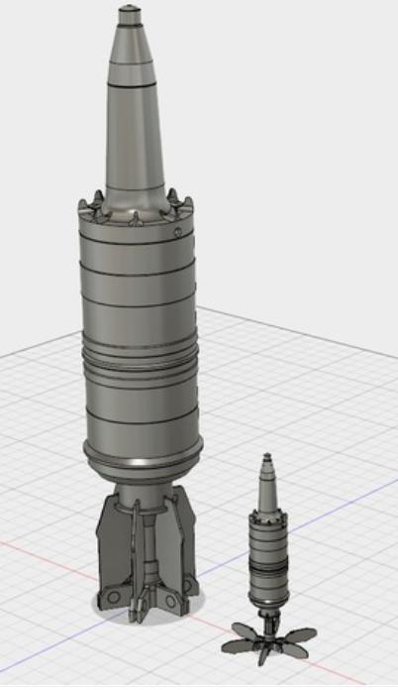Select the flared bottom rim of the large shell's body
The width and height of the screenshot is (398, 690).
[143, 462]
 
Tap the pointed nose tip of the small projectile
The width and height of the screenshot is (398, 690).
[264, 456]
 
